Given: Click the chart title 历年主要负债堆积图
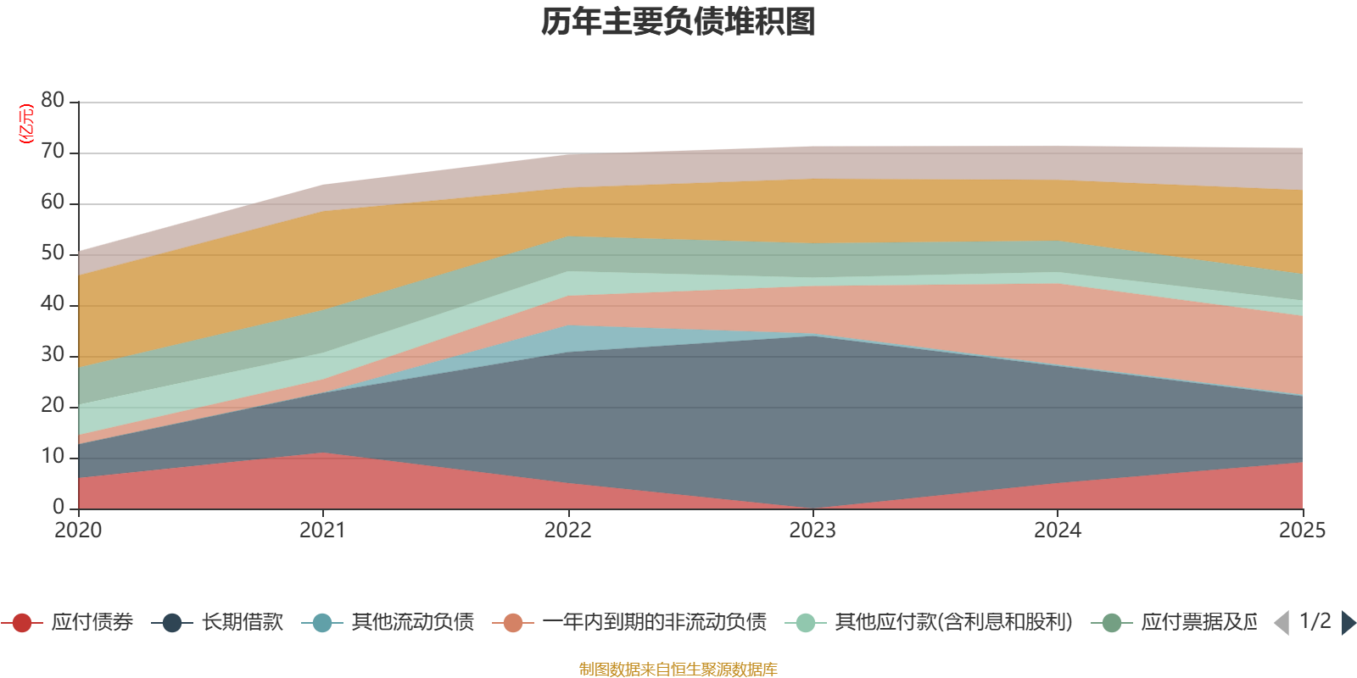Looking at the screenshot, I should pos(678,22).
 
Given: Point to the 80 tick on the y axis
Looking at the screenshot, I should pos(53,101).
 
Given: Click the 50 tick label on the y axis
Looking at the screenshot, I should pos(53,253).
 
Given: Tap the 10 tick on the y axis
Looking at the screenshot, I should pos(53,457).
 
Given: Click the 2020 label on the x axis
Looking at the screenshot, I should pos(78,531).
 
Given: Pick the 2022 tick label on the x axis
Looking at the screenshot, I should pos(567,531).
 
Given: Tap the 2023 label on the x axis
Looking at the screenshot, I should pos(813,531).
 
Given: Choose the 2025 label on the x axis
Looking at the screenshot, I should pos(1301,531).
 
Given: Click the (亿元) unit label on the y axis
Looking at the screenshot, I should pos(26,124).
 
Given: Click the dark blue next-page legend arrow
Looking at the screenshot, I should pos(1349,623).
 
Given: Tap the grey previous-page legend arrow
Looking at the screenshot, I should pos(1282,623).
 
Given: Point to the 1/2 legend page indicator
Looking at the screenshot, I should pos(1315,621).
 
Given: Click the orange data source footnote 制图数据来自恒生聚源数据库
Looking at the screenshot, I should pos(678,670).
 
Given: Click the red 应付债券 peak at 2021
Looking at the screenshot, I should pos(322,455).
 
